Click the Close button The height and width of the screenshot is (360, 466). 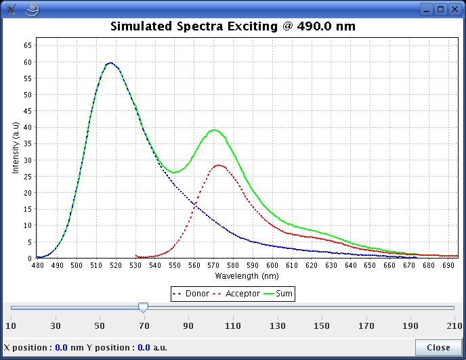438,348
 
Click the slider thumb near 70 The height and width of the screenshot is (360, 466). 143,308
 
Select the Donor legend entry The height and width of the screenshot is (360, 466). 193,294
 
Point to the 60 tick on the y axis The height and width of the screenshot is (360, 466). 28,62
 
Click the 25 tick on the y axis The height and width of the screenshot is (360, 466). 28,176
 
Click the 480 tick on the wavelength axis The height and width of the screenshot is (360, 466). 37,266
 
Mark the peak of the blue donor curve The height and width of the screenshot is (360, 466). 110,63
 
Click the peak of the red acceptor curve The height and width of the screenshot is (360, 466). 219,164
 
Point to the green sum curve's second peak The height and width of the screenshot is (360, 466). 215,129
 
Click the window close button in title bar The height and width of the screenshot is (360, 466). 454,9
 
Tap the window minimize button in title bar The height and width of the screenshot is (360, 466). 426,9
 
